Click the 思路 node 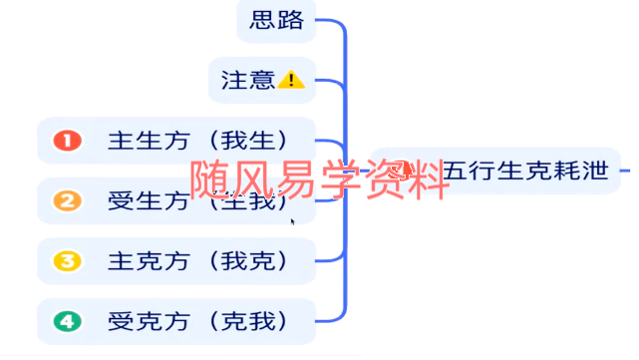[276, 20]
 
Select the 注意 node [261, 80]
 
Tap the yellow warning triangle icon [291, 80]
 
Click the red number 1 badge [66, 141]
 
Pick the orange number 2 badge [66, 200]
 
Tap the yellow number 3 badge [66, 261]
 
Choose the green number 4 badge [66, 321]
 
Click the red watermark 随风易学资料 [319, 181]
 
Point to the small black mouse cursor [292, 221]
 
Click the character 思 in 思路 [262, 20]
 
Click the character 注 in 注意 [234, 80]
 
